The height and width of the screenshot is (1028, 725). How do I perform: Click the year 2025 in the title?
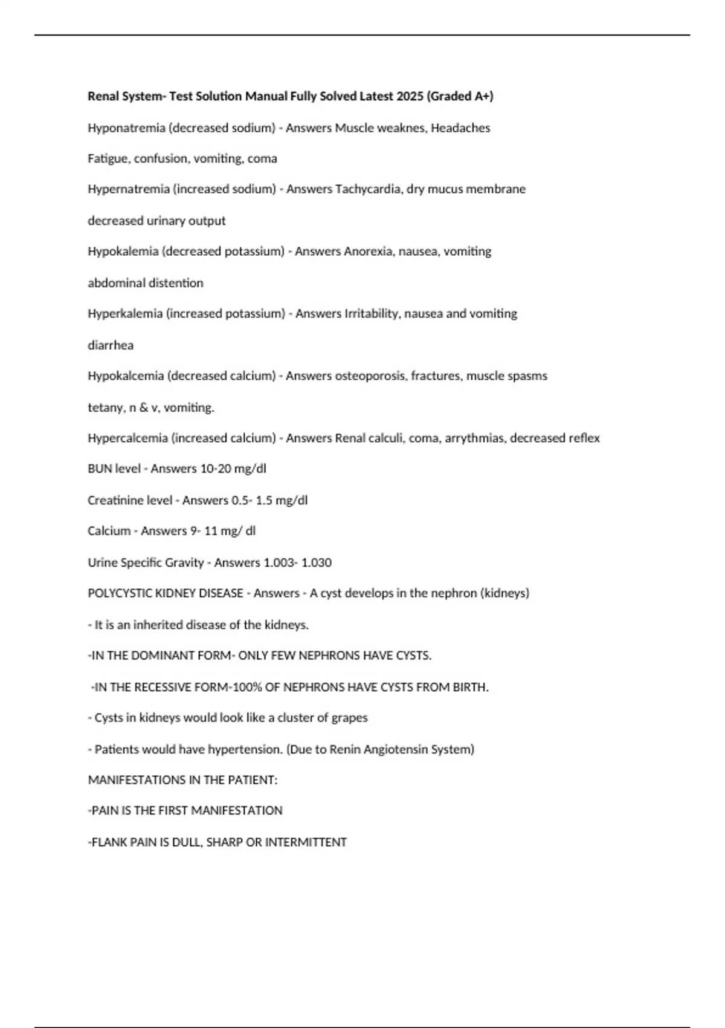coord(410,96)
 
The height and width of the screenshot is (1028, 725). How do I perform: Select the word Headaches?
coord(460,128)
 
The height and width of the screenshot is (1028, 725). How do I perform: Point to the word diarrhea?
coord(111,345)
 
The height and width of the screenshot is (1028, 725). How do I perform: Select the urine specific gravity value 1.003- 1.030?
coord(297,562)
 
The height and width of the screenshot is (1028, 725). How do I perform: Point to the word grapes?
coord(349,718)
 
